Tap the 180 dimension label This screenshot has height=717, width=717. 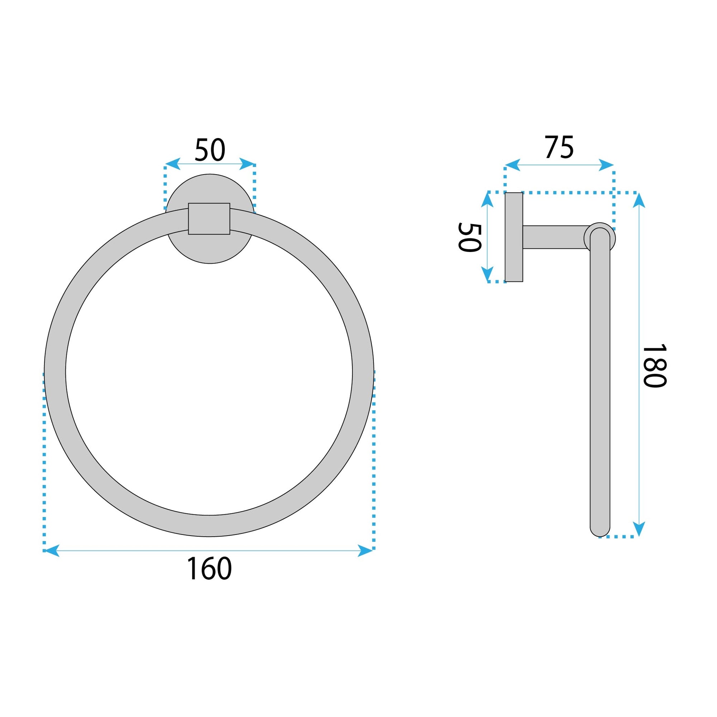point(655,366)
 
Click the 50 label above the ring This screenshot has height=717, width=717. point(210,149)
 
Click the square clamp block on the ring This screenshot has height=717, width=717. point(209,219)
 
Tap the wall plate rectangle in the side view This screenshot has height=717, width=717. point(514,237)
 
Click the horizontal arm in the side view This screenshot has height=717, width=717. point(556,237)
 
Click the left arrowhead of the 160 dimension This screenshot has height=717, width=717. point(51,550)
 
